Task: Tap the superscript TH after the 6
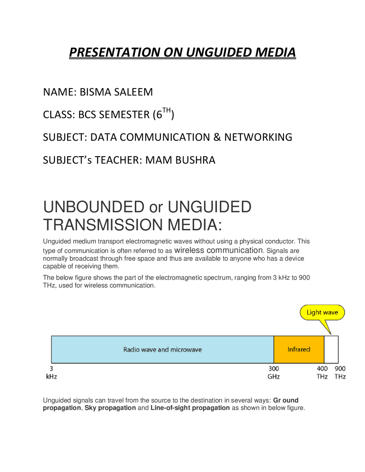(x=167, y=110)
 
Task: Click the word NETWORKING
(x=258, y=137)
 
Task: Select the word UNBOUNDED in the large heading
(x=94, y=207)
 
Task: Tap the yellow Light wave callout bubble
(x=322, y=312)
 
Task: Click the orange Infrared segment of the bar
(x=299, y=349)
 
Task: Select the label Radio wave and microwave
(x=163, y=350)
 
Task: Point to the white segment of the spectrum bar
(x=331, y=349)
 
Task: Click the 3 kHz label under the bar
(x=52, y=373)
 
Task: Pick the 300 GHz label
(x=273, y=373)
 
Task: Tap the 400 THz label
(x=322, y=373)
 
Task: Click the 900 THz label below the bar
(x=340, y=373)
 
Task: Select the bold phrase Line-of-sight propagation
(x=190, y=408)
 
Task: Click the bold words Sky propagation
(x=110, y=408)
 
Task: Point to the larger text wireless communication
(x=218, y=250)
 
